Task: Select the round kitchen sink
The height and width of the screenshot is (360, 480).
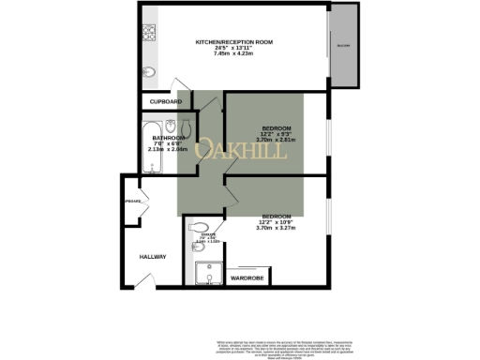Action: click(148, 72)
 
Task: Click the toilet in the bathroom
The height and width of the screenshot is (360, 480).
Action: click(187, 127)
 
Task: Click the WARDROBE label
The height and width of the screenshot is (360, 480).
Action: click(246, 278)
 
